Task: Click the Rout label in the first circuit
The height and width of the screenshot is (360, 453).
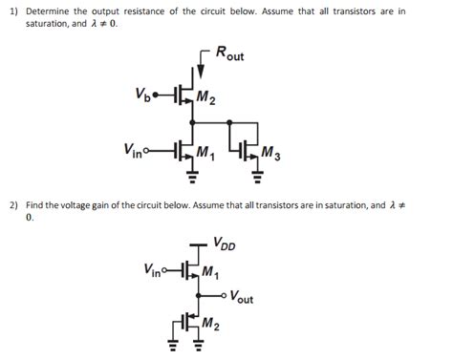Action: point(229,54)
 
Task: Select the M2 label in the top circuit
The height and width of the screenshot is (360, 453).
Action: point(206,98)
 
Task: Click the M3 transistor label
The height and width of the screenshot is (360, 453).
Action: point(270,152)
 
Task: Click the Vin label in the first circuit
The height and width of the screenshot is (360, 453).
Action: point(135,149)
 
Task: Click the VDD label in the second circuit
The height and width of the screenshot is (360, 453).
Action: point(225,243)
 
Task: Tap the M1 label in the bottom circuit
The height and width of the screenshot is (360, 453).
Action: point(210,271)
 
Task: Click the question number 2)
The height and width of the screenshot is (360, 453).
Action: point(13,204)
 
